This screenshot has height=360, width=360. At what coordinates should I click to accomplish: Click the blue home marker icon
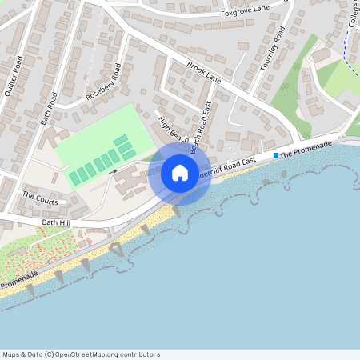tap(180, 173)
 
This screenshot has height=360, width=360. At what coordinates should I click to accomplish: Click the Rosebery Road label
tap(103, 82)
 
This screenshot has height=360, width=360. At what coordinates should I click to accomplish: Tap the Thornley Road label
tap(273, 49)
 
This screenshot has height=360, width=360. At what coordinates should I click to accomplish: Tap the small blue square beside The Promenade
tap(276, 154)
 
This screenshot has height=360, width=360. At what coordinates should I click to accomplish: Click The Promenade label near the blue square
tap(306, 148)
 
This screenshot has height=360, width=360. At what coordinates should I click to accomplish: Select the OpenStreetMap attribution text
tap(81, 354)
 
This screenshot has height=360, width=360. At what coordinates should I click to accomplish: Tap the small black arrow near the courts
tap(114, 170)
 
